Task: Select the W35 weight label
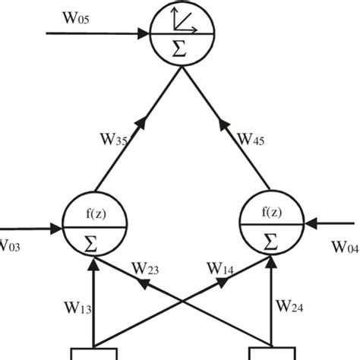tap(115, 140)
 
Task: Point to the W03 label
tap(14, 245)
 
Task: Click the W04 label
tap(346, 247)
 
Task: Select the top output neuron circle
tap(180, 34)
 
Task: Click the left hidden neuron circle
tap(93, 226)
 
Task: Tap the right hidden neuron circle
tap(270, 226)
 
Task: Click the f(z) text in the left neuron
tap(93, 213)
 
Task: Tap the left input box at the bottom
tap(93, 353)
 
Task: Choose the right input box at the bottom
tap(271, 353)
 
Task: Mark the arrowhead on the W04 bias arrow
tap(309, 225)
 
